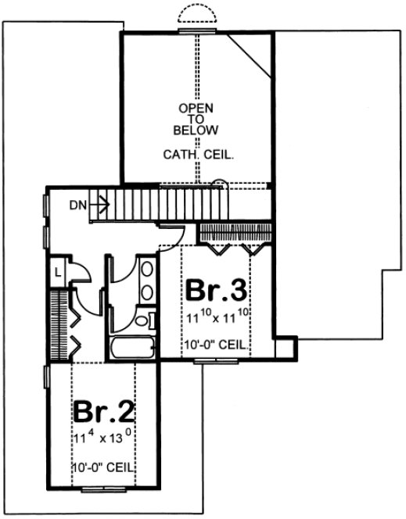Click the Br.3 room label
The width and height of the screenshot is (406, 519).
tap(217, 292)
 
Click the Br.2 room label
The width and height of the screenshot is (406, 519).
tap(104, 412)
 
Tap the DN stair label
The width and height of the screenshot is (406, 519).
tap(77, 206)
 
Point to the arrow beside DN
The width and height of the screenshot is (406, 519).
tap(99, 206)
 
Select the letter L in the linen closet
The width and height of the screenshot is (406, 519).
tap(58, 273)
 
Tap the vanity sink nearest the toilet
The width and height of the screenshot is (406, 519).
tap(146, 292)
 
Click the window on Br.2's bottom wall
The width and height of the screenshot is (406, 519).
tap(103, 489)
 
